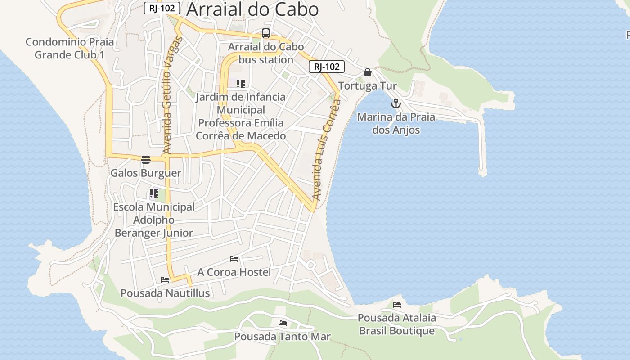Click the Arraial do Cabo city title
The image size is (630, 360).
252,9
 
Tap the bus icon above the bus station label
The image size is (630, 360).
266,33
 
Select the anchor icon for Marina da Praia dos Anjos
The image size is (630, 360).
396,103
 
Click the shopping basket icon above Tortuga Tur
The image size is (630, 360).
368,72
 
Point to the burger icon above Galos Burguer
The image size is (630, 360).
145,159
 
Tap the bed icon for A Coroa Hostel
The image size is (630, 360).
234,259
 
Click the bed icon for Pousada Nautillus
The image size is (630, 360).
165,280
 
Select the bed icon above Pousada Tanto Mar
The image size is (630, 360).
282,323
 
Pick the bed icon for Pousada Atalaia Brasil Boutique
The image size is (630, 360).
396,305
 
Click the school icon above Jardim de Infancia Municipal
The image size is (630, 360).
241,84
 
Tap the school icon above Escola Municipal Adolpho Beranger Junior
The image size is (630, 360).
154,193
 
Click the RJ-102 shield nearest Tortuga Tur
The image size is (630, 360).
327,67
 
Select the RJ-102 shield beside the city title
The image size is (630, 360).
162,8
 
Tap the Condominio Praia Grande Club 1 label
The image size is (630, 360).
70,49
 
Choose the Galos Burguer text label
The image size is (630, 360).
146,173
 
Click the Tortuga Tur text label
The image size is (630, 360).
367,86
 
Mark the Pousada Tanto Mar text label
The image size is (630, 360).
282,337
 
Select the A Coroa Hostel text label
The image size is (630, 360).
234,272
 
